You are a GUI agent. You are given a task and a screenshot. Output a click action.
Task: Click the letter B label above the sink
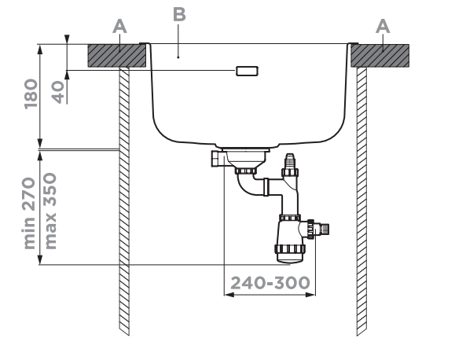179,14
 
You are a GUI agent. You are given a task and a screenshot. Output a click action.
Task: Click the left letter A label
119,26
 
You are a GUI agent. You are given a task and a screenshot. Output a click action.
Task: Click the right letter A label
383,26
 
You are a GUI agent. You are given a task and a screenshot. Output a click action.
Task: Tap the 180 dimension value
31,94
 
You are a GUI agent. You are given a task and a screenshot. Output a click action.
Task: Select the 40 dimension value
58,92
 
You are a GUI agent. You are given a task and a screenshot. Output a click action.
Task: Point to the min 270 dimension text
29,213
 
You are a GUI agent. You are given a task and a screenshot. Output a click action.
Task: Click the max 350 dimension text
50,211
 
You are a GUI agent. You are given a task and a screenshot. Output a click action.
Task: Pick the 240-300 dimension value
270,283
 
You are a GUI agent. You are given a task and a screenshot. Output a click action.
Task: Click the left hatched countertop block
117,56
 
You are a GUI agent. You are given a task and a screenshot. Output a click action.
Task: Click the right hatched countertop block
380,56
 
